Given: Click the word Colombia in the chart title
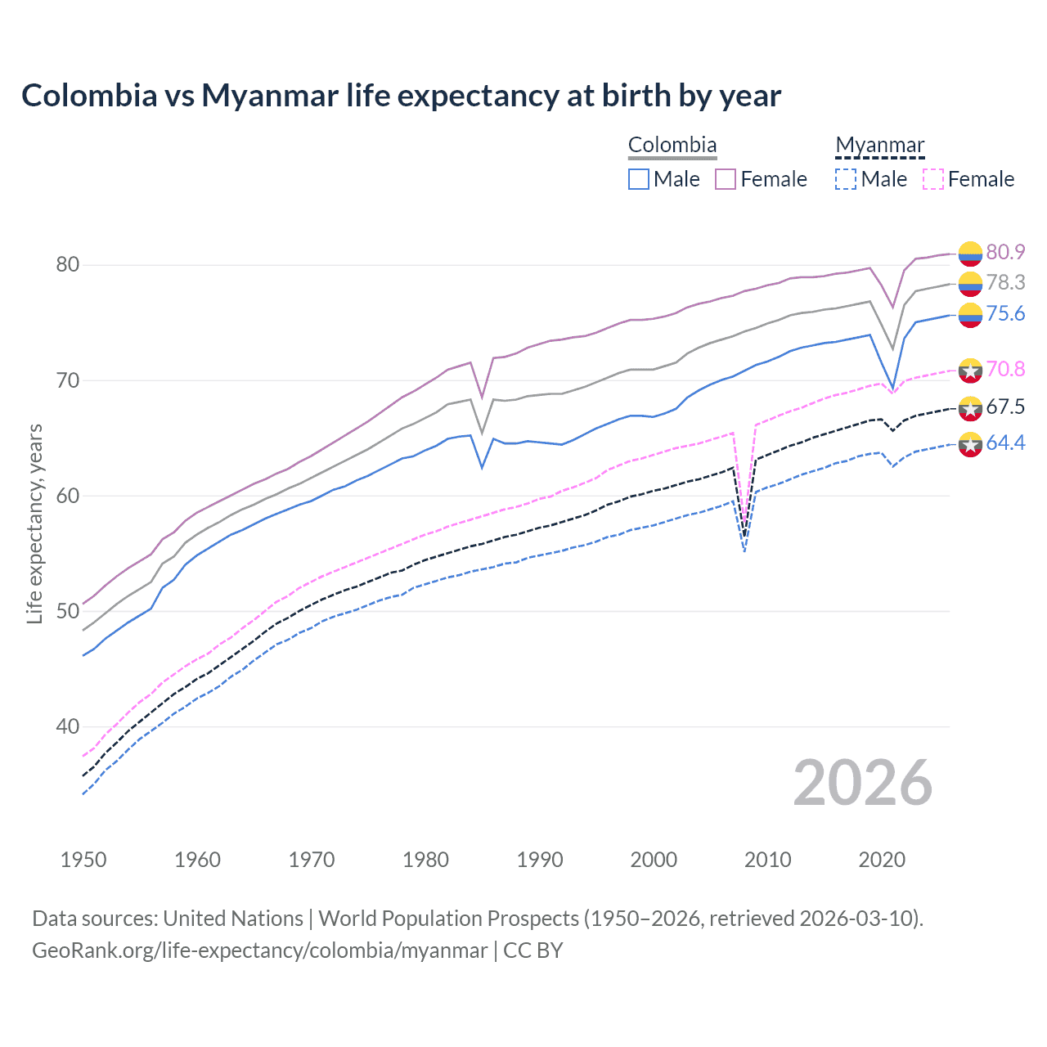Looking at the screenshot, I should tap(89, 96).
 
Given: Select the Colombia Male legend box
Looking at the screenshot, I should tap(639, 179).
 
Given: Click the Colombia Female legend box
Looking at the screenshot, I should tap(726, 179).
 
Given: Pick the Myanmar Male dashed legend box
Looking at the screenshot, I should tap(846, 179).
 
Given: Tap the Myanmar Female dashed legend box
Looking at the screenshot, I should tap(933, 179).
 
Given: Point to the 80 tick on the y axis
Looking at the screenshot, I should tap(68, 265).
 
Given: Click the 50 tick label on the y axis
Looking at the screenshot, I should tap(68, 611).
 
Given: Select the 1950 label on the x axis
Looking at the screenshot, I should tap(83, 860).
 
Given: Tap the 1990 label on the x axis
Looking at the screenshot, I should tap(540, 860).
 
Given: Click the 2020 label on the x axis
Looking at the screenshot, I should tap(882, 860).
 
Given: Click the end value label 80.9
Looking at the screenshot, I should tap(1005, 252).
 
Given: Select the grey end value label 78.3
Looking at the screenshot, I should tap(1005, 282).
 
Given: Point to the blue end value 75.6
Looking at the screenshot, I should tap(1005, 314).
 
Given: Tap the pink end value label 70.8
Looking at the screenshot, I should tap(1005, 369).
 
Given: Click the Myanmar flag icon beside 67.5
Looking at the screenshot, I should tap(970, 407).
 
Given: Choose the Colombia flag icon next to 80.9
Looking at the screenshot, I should tap(970, 254).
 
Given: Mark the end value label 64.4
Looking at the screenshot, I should tap(1005, 443).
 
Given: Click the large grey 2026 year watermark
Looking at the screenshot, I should tap(862, 783).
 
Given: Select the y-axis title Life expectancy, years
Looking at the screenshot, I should tap(34, 523).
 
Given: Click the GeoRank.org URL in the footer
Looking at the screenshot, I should tap(259, 950).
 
